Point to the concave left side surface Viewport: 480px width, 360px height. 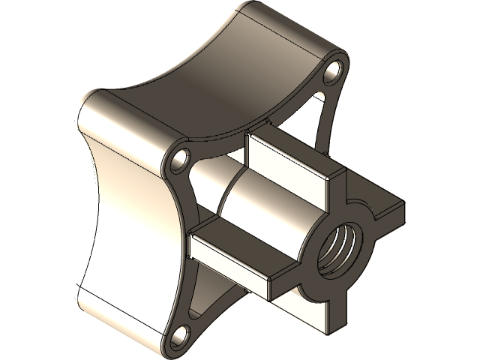pos(127,217)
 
